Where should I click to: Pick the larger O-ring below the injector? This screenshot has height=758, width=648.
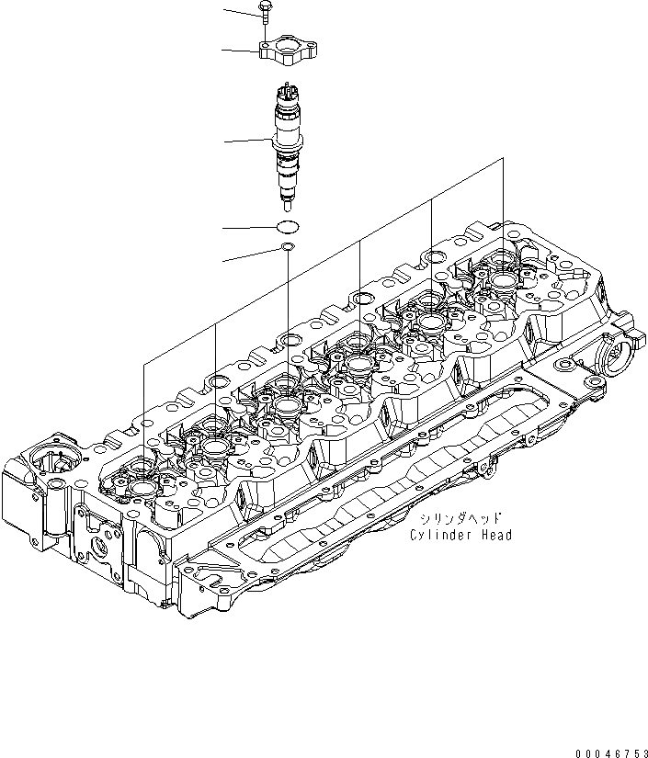[288, 226]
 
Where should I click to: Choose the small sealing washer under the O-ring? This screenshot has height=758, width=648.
[288, 247]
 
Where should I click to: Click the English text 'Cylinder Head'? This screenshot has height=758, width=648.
[460, 536]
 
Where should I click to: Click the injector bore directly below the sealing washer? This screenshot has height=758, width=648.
[288, 404]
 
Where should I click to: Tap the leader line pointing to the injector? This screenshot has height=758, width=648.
[249, 141]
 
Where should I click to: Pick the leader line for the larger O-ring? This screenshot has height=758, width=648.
[249, 227]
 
